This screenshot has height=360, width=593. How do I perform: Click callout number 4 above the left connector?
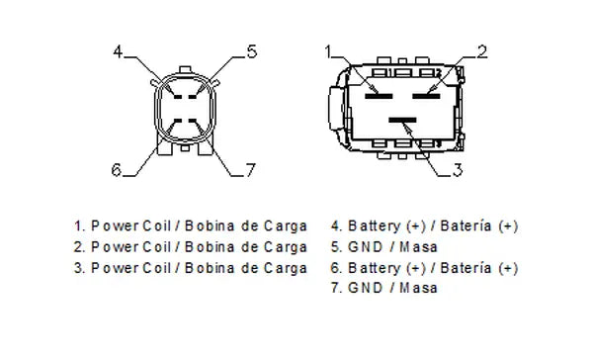[x=118, y=51]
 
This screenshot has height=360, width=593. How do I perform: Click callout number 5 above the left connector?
[x=252, y=51]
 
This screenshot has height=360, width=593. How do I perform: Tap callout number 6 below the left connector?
[x=117, y=169]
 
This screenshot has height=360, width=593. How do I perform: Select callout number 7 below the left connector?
[x=251, y=170]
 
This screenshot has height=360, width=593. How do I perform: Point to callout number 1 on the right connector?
[x=328, y=51]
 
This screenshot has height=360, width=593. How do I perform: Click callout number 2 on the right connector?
[x=482, y=51]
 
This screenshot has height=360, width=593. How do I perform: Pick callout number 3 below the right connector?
[x=458, y=170]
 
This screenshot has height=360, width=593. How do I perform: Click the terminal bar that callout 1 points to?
[x=379, y=96]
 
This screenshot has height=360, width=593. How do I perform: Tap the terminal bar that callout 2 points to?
[x=426, y=96]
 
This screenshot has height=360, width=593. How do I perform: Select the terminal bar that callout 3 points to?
[x=402, y=120]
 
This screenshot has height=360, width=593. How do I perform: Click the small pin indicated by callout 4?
[x=178, y=97]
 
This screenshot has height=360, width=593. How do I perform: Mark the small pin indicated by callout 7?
[x=193, y=121]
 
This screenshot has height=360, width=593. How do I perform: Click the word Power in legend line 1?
[x=115, y=226]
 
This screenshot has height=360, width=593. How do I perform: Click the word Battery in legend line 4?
[x=374, y=226]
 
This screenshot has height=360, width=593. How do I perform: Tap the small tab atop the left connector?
[x=185, y=69]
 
